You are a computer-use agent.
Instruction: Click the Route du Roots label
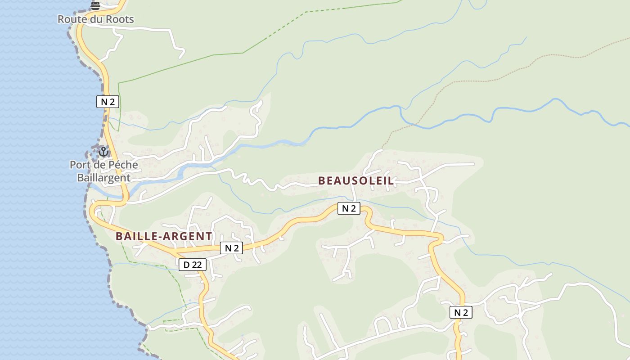click(x=96, y=19)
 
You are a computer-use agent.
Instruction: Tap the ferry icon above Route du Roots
click(x=95, y=5)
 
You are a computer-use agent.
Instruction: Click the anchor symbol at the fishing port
click(x=103, y=152)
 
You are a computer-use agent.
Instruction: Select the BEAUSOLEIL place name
click(x=355, y=181)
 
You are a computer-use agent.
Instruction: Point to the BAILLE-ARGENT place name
click(x=164, y=236)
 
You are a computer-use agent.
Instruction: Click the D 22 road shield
click(x=193, y=265)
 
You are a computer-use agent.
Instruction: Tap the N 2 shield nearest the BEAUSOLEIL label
click(x=349, y=208)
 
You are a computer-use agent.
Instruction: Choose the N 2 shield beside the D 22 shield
click(x=231, y=248)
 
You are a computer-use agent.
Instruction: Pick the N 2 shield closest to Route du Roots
click(x=108, y=102)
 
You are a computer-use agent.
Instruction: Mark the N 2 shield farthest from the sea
click(x=461, y=312)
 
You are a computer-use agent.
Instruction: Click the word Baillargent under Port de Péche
click(x=103, y=178)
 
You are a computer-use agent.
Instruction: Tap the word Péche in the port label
click(x=122, y=165)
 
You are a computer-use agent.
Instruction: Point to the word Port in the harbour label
click(x=80, y=165)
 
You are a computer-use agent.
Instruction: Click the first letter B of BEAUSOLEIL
click(x=322, y=181)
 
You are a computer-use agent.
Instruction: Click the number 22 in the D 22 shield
click(x=197, y=265)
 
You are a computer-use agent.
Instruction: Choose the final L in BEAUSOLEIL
click(x=391, y=181)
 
